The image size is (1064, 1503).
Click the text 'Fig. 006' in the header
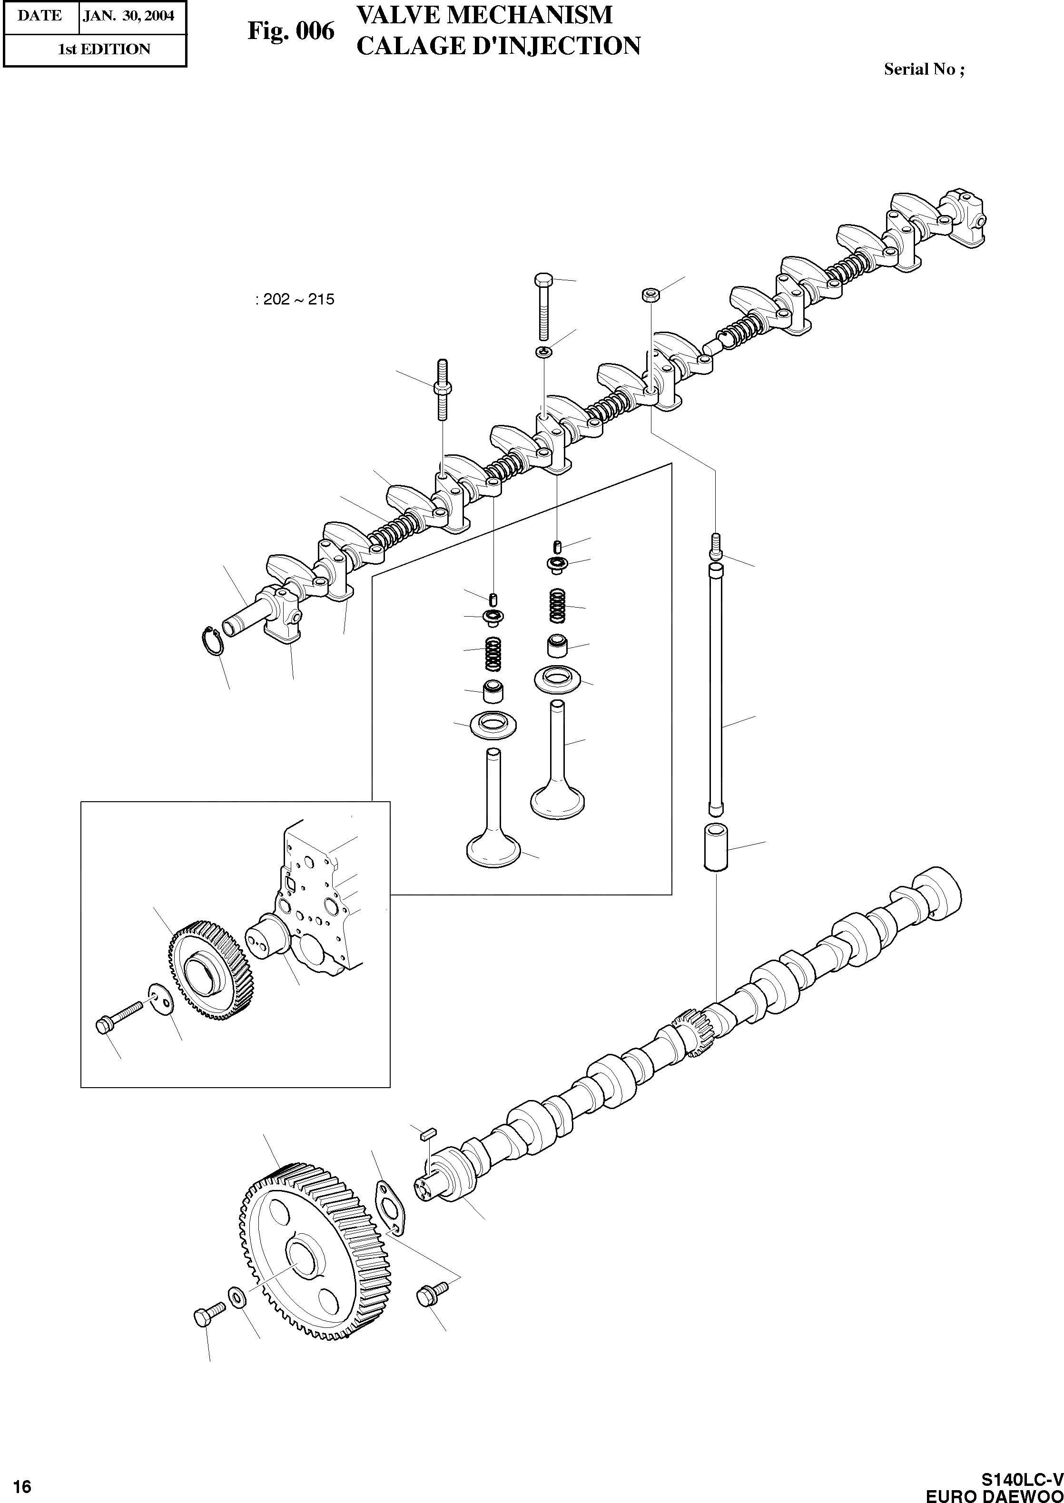(290, 31)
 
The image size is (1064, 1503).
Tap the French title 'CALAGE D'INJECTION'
(498, 46)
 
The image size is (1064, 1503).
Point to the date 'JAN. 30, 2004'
(128, 16)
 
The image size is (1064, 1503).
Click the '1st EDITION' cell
(104, 49)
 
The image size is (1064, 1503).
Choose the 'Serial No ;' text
(924, 69)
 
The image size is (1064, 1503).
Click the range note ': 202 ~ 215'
(295, 300)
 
